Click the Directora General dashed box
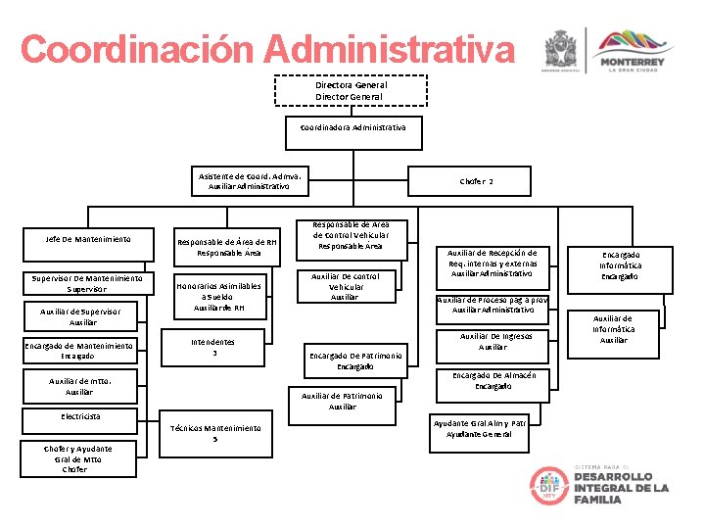(351, 91)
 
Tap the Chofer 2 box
(477, 181)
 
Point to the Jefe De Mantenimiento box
(88, 239)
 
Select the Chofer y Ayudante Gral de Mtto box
(77, 458)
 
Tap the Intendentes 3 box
(213, 347)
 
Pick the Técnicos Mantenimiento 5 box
(214, 433)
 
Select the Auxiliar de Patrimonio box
(343, 401)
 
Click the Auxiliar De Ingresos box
(492, 341)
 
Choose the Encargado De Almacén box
(493, 380)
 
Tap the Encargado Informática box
(621, 264)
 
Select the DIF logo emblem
(549, 486)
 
